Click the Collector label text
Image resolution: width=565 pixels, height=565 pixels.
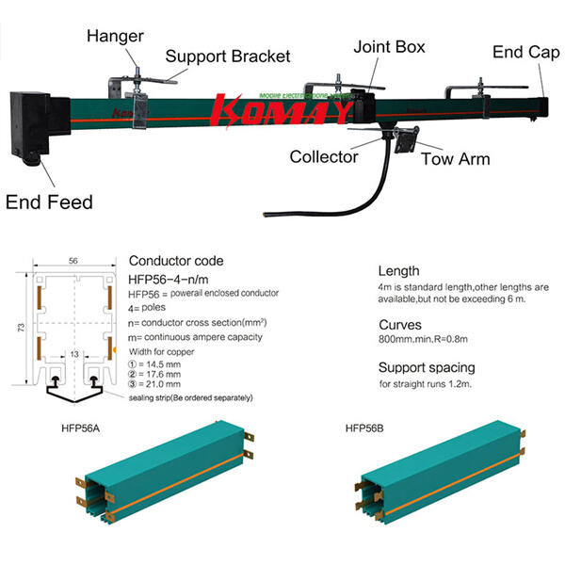[x=323, y=156]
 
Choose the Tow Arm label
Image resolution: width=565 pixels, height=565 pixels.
[x=455, y=159]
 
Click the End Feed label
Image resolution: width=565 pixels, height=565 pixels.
[x=49, y=202]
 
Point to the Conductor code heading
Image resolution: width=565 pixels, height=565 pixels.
[x=176, y=261]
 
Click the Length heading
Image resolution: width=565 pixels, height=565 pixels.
[x=398, y=270]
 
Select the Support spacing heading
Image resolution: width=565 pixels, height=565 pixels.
[x=427, y=366]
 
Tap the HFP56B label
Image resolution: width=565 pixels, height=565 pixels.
[x=364, y=428]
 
